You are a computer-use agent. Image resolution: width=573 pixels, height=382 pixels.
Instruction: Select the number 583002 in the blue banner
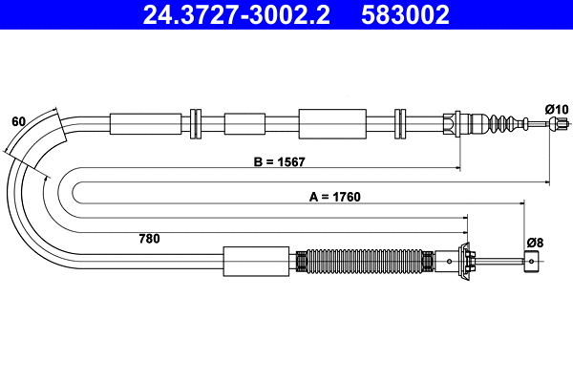405,14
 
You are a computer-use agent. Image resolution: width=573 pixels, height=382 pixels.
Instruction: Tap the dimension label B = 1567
279,161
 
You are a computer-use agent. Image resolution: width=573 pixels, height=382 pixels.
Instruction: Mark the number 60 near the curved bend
18,121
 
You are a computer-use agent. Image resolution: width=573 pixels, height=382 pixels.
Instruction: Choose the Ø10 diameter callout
556,109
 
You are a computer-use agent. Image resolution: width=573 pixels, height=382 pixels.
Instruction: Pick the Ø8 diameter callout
534,242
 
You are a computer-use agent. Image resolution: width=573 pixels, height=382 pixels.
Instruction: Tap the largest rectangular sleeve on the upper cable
332,123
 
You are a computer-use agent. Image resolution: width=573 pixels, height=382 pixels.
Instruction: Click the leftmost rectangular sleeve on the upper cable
145,123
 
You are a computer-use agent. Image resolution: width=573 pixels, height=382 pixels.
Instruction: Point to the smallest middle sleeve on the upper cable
244,123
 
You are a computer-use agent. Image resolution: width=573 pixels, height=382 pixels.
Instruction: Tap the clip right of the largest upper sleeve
400,123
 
